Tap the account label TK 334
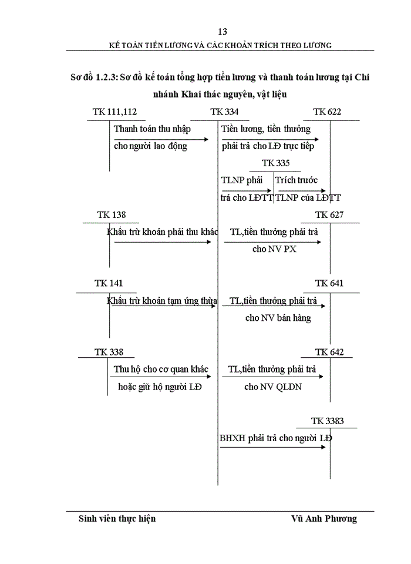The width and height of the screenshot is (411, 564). [224, 112]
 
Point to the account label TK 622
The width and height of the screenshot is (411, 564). [327, 112]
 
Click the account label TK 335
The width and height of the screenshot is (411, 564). [276, 163]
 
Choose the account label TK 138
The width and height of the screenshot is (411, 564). [111, 215]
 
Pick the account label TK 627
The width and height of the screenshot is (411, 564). [329, 215]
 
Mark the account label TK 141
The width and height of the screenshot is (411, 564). [109, 283]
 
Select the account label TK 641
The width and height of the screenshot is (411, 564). [329, 283]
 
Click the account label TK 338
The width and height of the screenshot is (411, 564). [109, 352]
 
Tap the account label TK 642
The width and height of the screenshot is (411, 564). [329, 352]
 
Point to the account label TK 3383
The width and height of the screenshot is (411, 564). [327, 421]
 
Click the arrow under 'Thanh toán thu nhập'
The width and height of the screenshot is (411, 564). [161, 139]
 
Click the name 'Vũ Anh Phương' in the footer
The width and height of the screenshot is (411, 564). [324, 519]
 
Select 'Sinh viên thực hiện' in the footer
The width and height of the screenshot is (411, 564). [117, 519]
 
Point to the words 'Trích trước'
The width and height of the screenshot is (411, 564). [297, 180]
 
